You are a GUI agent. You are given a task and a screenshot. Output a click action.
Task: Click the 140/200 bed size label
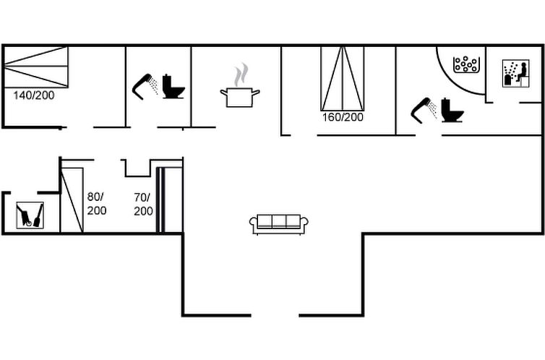(x=34, y=95)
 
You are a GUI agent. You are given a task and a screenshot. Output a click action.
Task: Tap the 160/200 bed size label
(x=343, y=117)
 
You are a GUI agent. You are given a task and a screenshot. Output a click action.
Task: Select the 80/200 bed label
(x=97, y=204)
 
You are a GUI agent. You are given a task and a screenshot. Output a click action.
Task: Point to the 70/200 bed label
(x=143, y=205)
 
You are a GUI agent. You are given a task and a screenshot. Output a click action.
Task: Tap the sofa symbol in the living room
(x=279, y=224)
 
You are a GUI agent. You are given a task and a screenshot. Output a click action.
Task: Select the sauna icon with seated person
(x=516, y=73)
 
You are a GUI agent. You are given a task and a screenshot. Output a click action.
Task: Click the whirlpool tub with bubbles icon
(x=466, y=64)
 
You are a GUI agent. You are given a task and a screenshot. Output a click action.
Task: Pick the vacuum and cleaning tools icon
(x=30, y=215)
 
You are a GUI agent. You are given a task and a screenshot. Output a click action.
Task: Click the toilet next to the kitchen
(x=173, y=87)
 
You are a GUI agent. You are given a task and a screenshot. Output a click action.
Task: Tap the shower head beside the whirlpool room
(x=424, y=110)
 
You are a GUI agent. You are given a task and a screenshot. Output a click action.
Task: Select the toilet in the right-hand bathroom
(x=452, y=111)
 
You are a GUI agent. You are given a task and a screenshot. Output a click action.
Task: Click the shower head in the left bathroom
(x=145, y=87)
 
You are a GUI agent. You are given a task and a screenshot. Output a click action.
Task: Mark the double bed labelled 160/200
(x=343, y=79)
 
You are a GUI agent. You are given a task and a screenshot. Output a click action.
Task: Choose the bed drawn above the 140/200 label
(x=36, y=67)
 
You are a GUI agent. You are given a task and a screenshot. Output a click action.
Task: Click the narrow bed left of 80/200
(x=72, y=200)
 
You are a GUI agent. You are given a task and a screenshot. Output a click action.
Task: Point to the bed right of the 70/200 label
(x=170, y=200)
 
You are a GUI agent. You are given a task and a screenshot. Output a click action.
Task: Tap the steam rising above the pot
(x=241, y=74)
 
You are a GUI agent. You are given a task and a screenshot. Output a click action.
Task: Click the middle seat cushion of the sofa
(x=279, y=220)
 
